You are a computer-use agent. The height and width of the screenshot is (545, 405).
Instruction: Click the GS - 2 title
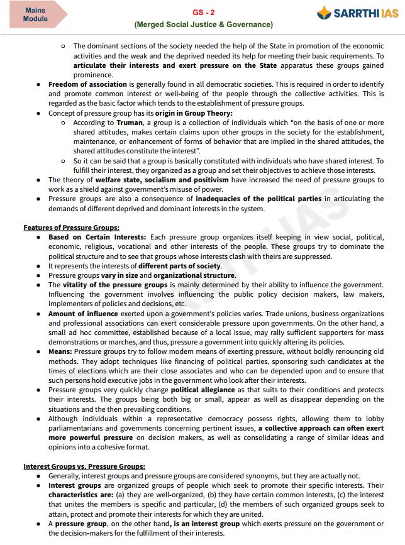(x=203, y=13)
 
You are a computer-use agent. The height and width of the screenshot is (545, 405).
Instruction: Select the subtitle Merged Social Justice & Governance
(x=203, y=25)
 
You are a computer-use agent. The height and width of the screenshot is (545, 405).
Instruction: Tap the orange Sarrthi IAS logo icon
(x=324, y=13)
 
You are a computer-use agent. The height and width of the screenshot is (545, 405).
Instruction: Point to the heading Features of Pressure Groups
(x=71, y=227)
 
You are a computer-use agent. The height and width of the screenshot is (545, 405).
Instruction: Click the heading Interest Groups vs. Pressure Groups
(x=84, y=466)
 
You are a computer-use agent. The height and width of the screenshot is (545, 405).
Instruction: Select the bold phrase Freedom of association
(x=87, y=84)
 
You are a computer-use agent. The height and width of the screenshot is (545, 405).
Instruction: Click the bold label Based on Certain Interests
(x=97, y=237)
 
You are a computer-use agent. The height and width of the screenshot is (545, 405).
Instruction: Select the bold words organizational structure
(x=194, y=275)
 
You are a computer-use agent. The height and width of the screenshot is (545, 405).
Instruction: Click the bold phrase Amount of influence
(x=83, y=314)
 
